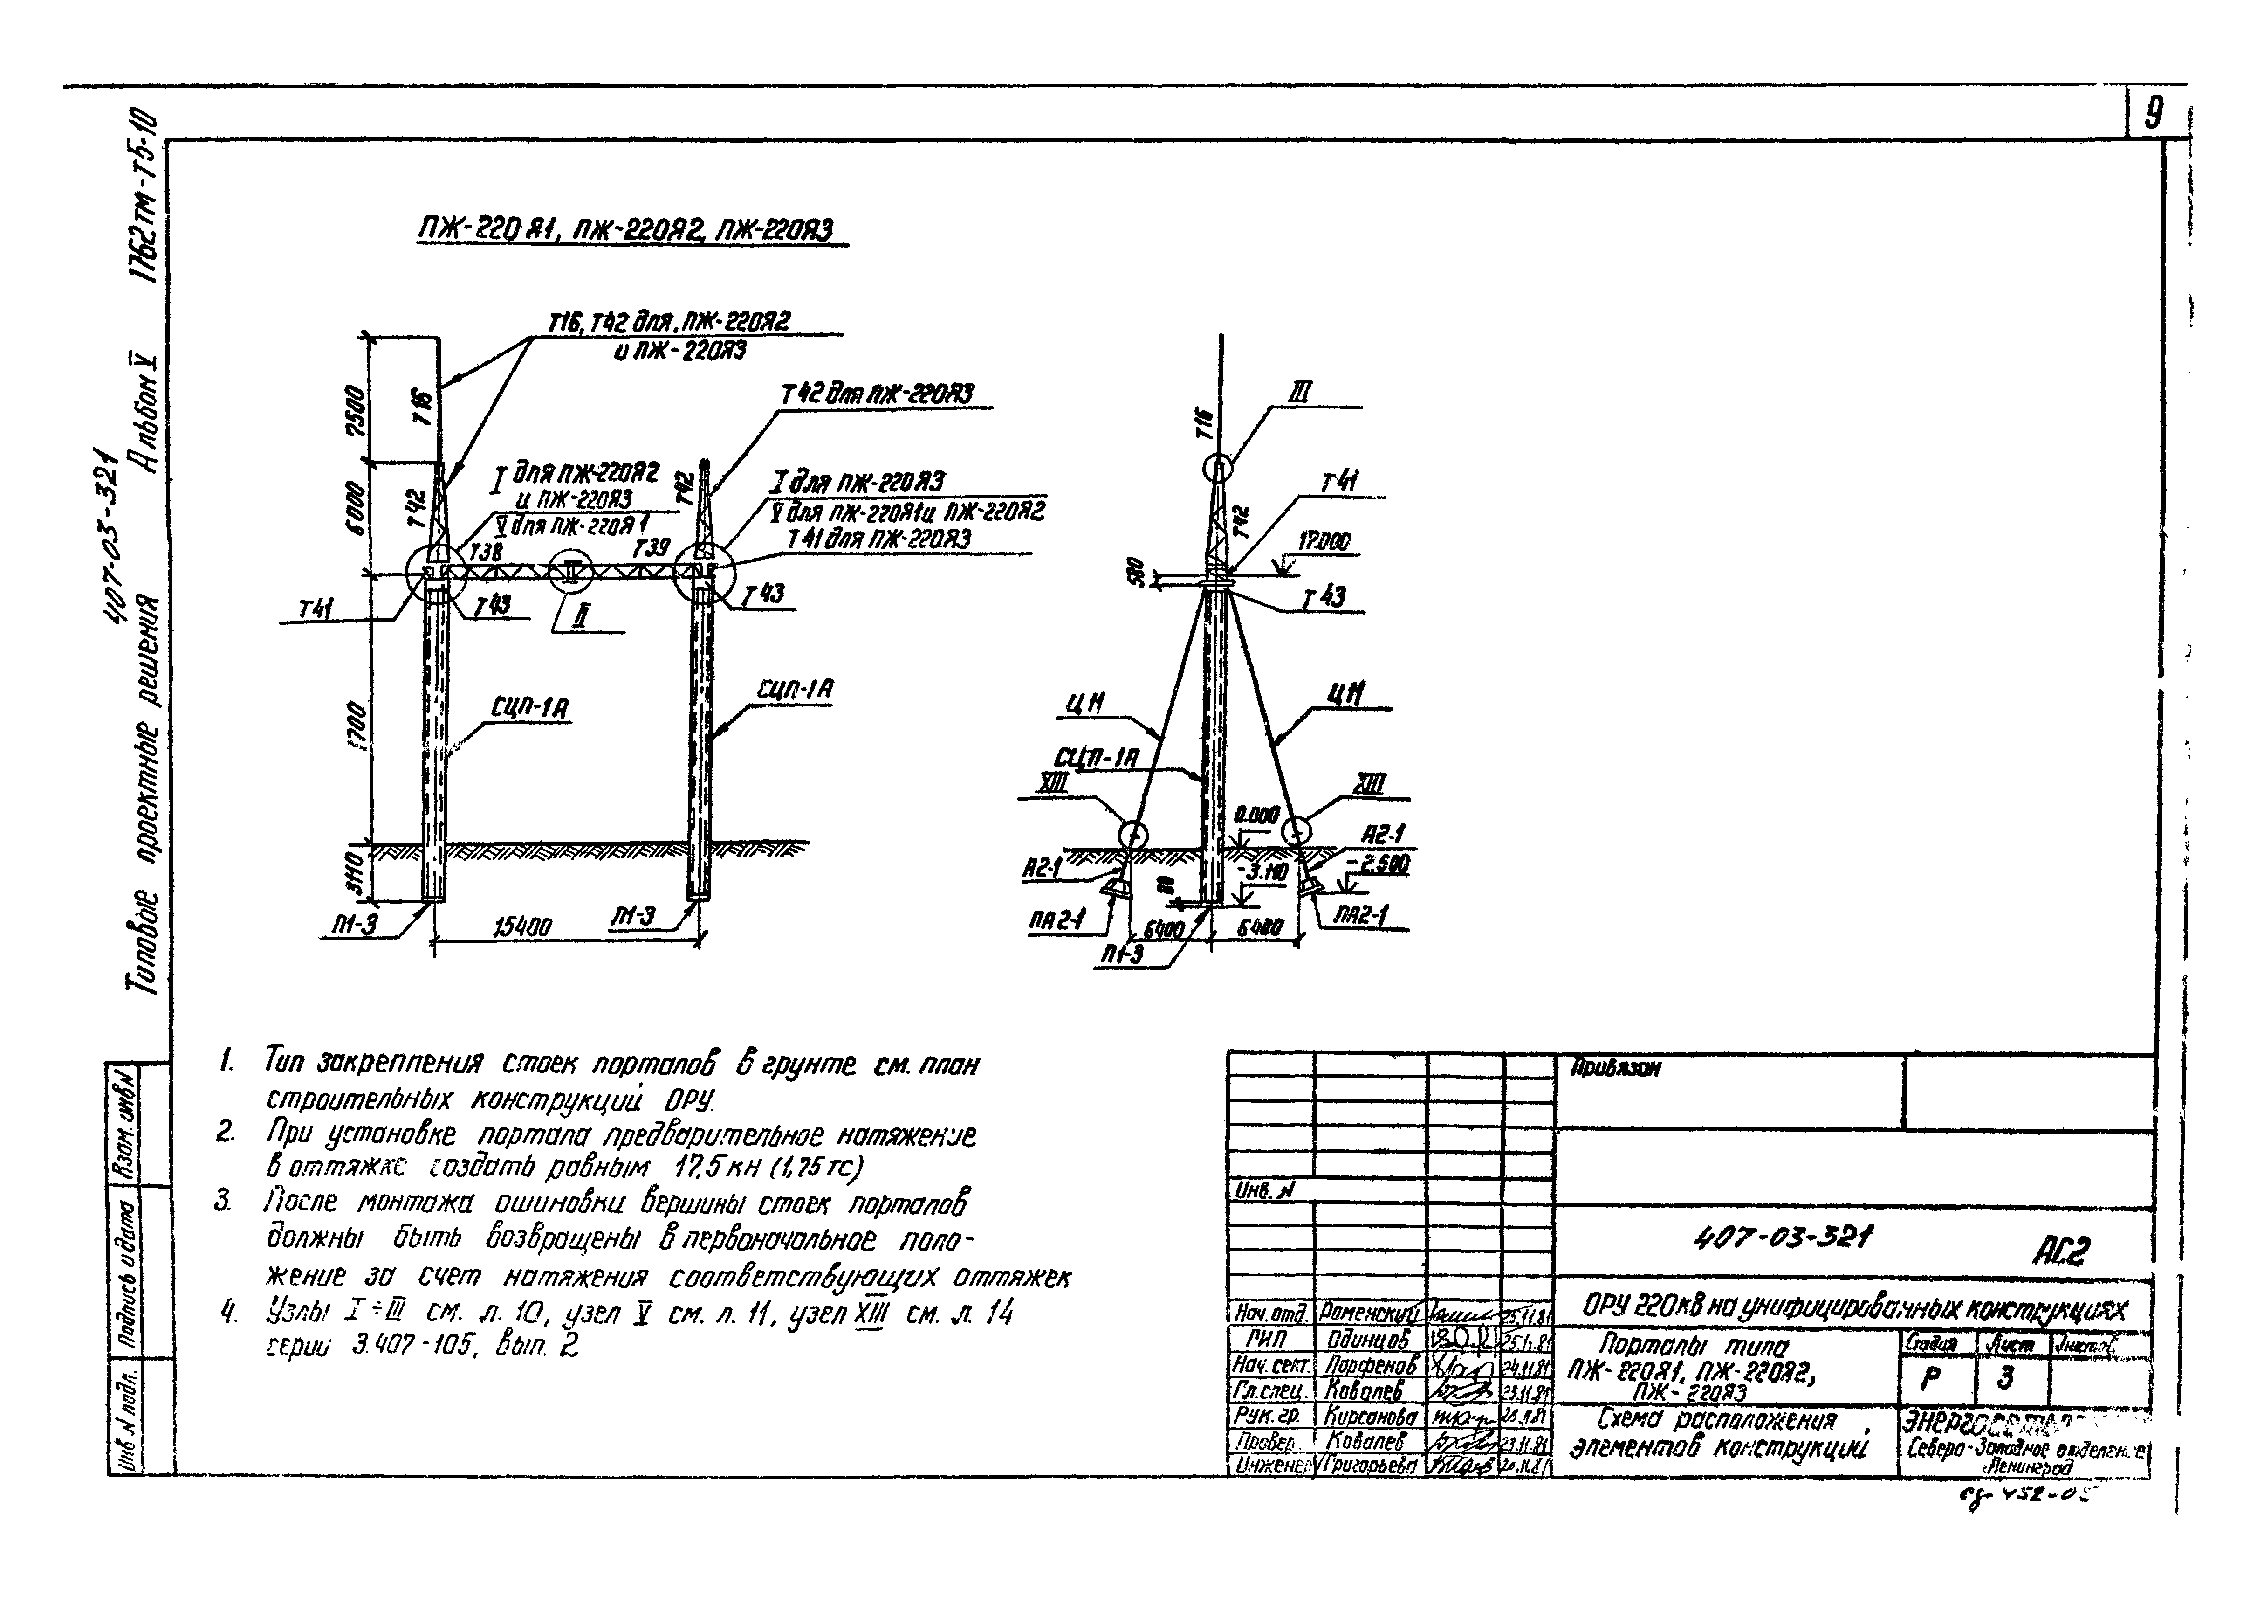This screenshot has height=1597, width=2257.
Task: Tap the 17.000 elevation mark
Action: click(1323, 542)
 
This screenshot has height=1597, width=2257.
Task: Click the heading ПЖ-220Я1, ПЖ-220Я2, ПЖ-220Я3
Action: click(625, 231)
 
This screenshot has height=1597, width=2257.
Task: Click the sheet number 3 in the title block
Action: click(2005, 1378)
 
